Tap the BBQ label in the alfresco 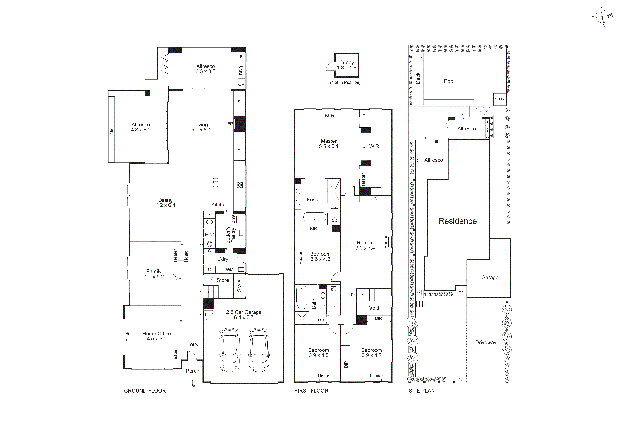click(241, 71)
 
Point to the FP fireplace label click(230, 124)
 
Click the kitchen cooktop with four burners click(239, 185)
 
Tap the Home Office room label click(157, 334)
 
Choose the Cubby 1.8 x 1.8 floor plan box click(346, 65)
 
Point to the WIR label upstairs click(374, 146)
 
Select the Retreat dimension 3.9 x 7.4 click(365, 248)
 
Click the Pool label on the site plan click(449, 81)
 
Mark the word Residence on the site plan click(457, 221)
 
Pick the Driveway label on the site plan click(486, 343)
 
